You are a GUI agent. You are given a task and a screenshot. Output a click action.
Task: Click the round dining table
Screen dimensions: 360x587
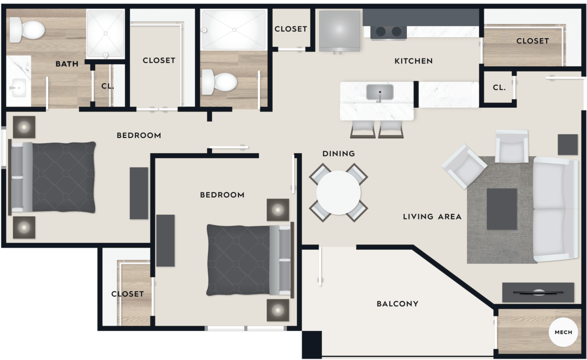338,193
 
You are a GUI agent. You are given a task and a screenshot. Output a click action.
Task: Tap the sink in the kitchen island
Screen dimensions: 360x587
380,92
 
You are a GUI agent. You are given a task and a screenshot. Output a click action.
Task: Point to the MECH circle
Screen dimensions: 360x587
563,332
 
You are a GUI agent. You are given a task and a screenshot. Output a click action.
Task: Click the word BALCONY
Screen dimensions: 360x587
397,304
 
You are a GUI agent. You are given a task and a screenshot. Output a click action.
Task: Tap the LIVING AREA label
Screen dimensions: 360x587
432,216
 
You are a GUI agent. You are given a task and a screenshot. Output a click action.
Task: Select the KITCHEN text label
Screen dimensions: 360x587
413,61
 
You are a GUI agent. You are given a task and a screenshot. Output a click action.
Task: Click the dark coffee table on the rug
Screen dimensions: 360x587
502,209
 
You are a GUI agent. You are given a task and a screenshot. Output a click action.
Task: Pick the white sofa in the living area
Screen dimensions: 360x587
555,209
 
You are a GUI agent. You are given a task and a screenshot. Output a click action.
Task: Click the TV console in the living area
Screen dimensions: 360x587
538,292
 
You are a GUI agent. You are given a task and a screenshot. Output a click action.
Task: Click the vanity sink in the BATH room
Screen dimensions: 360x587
18,87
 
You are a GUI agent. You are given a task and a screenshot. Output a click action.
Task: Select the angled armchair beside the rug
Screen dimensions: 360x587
464,166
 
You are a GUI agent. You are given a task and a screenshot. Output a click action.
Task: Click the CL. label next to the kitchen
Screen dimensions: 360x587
499,87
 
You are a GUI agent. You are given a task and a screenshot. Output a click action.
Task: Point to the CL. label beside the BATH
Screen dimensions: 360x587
107,86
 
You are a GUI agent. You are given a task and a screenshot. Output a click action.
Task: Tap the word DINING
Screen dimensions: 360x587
338,154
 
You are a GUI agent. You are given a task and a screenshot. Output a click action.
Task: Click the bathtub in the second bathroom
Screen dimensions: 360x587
233,30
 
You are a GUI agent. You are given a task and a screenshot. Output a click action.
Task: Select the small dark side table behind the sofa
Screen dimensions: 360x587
567,144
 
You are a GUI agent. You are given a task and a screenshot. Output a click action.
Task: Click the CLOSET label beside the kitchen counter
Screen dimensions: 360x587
532,41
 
